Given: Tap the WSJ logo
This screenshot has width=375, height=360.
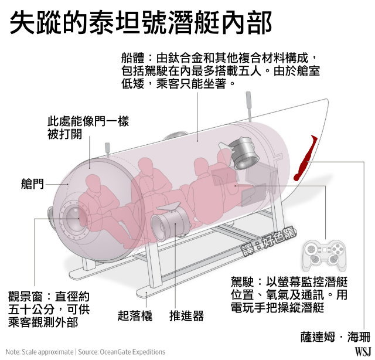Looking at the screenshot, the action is click(363, 351).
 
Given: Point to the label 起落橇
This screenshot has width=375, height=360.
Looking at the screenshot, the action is click(135, 315).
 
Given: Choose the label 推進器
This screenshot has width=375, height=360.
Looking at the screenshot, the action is click(186, 315).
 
